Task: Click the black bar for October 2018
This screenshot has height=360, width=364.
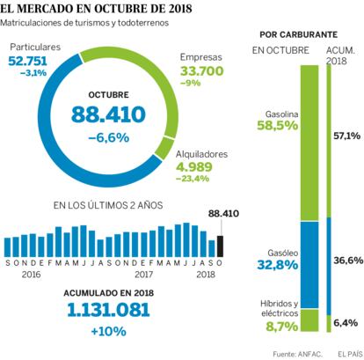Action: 220,246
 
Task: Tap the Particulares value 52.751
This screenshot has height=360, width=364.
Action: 27,61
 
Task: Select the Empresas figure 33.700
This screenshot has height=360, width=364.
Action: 201,71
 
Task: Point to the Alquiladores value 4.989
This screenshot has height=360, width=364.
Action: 194,166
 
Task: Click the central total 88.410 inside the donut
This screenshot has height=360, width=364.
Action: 108,114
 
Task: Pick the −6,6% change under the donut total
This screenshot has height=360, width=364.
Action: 108,137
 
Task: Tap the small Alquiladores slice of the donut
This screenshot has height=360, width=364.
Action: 164,147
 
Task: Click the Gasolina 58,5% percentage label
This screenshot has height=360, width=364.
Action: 278,126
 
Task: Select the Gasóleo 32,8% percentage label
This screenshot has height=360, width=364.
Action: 278,265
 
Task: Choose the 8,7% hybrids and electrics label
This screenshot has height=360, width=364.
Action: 282,327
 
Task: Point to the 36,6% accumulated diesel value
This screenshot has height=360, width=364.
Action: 348,261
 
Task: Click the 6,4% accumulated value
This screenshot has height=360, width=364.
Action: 346,323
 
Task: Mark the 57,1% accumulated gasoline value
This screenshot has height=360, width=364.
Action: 346,136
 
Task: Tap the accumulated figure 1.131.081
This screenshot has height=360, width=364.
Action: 108,310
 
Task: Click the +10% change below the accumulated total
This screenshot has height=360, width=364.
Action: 108,331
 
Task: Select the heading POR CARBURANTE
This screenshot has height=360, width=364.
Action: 299,34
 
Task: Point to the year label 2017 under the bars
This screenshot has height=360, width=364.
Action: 143,275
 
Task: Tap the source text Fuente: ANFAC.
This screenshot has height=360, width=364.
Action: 298,354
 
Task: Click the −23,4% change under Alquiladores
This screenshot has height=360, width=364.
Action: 193,179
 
